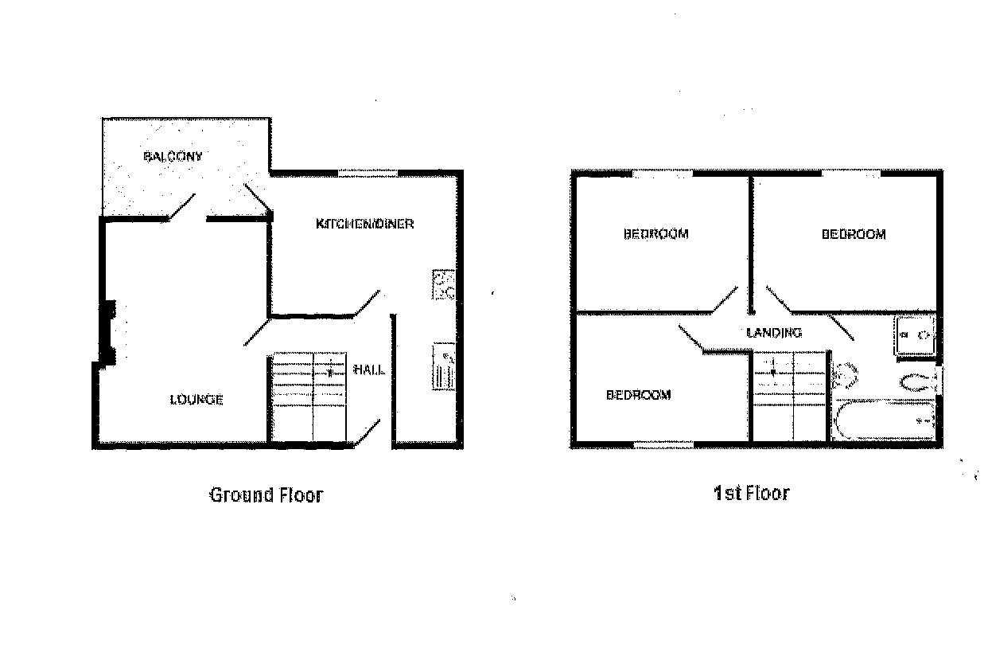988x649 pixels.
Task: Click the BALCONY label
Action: click(x=173, y=156)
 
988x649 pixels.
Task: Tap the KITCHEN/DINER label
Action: click(x=365, y=224)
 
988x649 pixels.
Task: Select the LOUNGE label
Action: click(x=196, y=400)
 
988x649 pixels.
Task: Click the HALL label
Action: click(x=369, y=369)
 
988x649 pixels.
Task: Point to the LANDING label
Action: click(x=774, y=332)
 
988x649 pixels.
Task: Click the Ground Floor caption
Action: click(x=266, y=495)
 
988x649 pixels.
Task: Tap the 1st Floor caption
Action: click(x=752, y=493)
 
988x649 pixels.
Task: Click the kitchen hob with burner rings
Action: click(x=444, y=285)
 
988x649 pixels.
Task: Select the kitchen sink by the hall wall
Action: click(x=444, y=367)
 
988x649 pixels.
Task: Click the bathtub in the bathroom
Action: click(x=885, y=420)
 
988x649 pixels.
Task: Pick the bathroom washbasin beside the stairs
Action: click(x=845, y=375)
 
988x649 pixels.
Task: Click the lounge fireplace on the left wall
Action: click(x=108, y=333)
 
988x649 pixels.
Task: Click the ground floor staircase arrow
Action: click(x=330, y=369)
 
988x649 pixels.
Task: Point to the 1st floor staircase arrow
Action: click(x=772, y=367)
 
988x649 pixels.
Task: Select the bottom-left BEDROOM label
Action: click(x=639, y=395)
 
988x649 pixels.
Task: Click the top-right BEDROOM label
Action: click(x=854, y=234)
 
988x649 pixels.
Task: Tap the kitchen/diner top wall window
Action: click(x=368, y=173)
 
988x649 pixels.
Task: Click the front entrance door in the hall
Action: click(x=368, y=432)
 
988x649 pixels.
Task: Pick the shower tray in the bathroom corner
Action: click(x=916, y=335)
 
